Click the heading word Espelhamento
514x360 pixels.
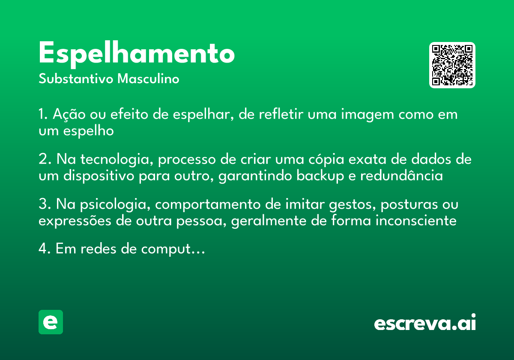[137, 54]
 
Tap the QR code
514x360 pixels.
[452, 65]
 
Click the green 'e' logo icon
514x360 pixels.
[51, 322]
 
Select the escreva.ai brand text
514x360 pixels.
[424, 323]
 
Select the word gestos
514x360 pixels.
[344, 205]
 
